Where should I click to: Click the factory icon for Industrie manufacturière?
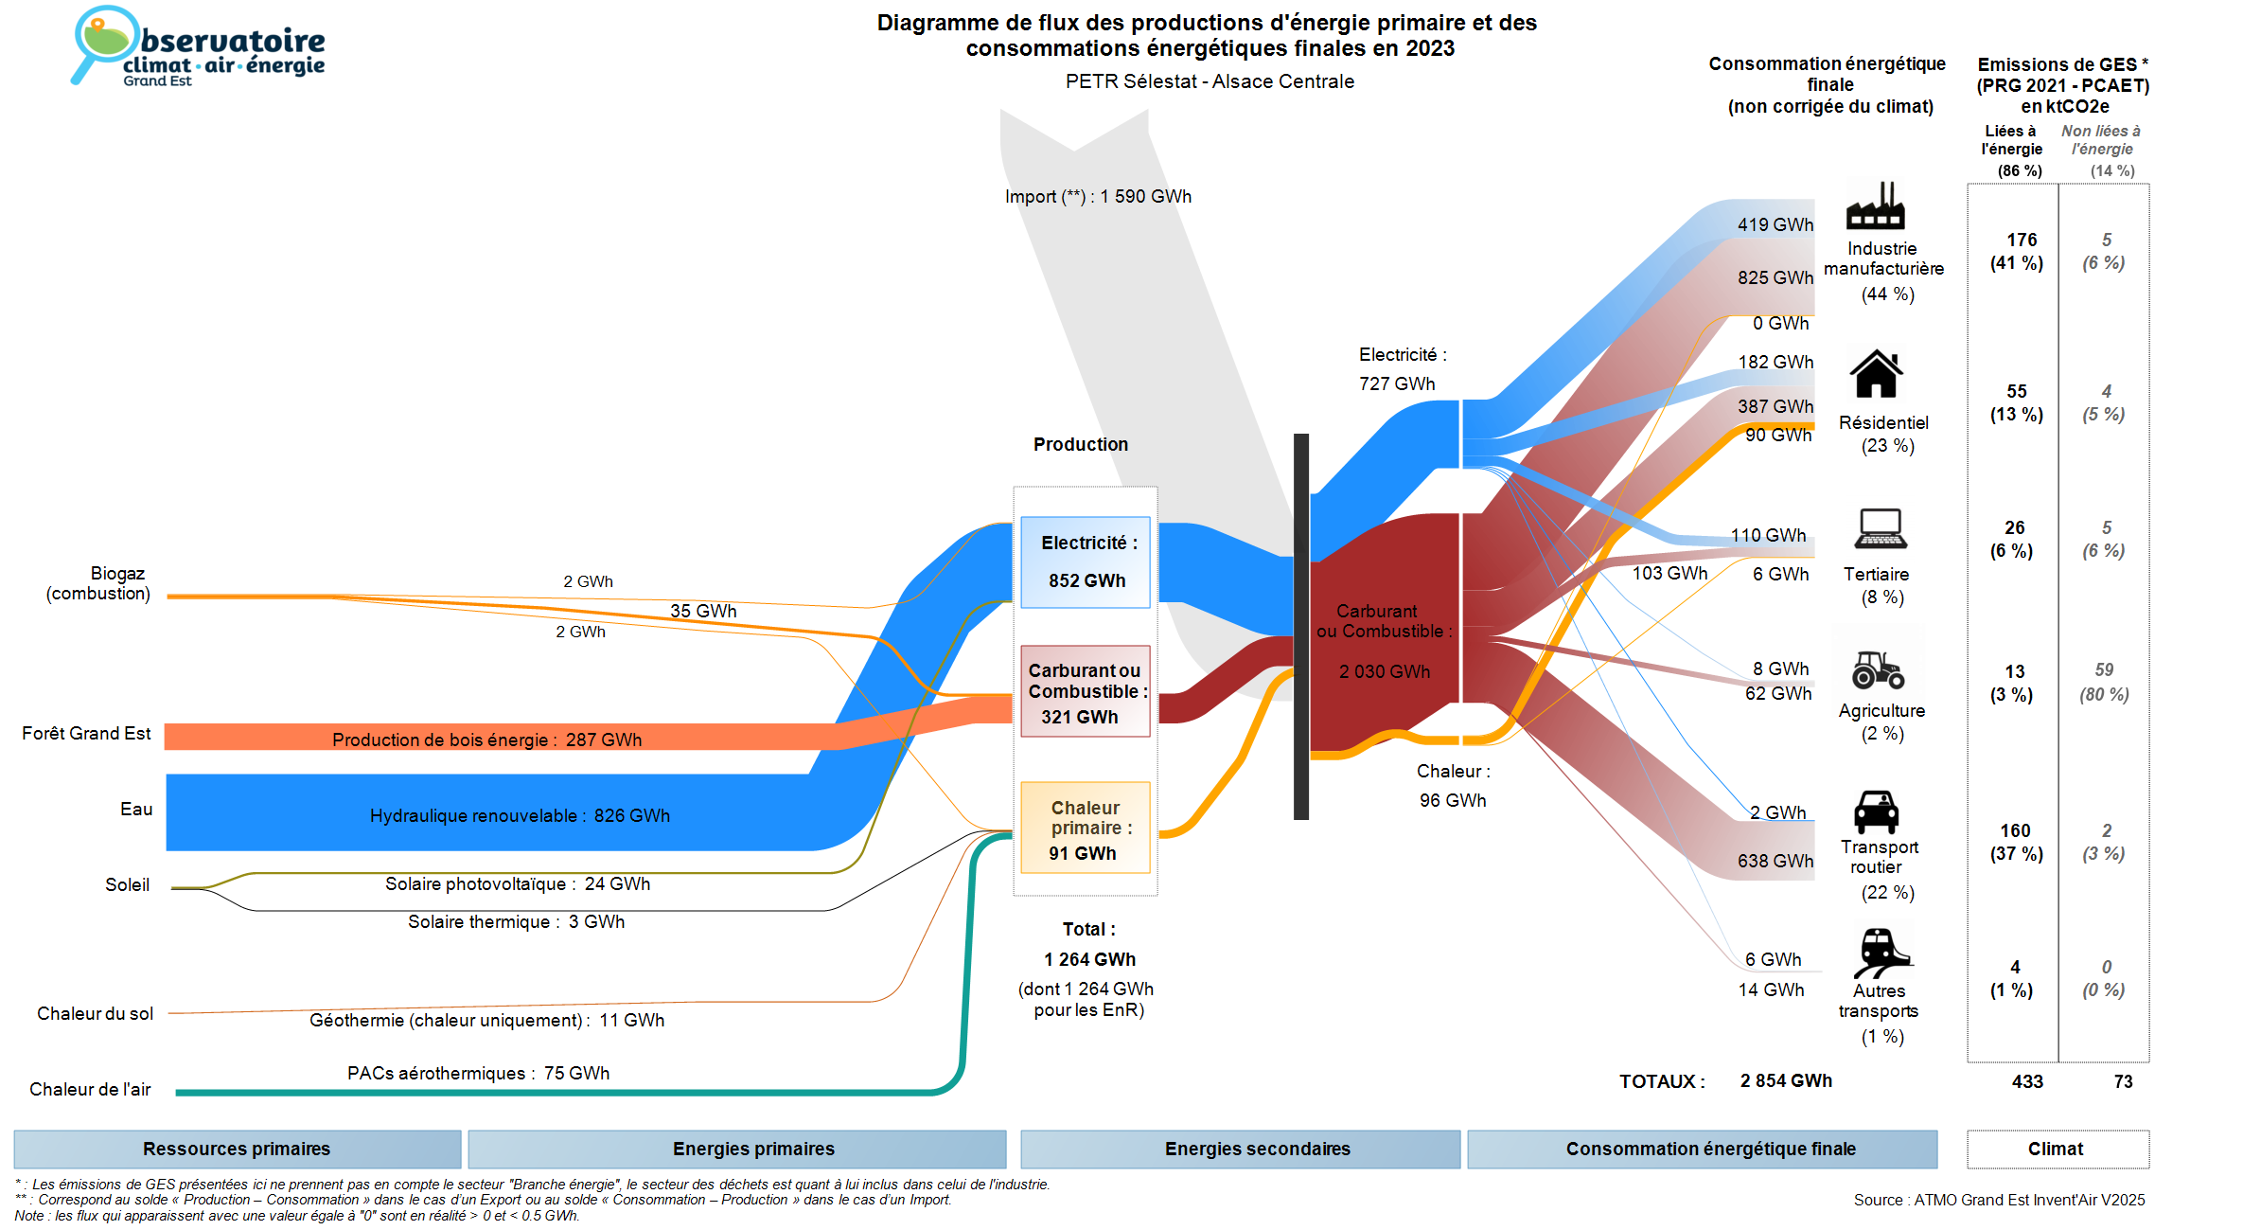(x=1875, y=205)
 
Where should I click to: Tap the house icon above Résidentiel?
(x=1876, y=374)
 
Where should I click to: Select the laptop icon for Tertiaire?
(x=1880, y=528)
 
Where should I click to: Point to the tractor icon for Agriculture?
(x=1878, y=669)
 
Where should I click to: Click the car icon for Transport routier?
(x=1876, y=811)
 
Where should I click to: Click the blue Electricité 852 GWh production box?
(x=1085, y=562)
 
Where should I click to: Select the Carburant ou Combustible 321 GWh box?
(x=1085, y=691)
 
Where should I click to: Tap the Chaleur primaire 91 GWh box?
(x=1085, y=828)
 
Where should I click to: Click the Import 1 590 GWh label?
(x=1098, y=197)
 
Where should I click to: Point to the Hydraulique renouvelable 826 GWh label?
(x=520, y=815)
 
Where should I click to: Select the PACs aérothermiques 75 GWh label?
(x=478, y=1073)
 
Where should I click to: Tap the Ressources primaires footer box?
(x=237, y=1149)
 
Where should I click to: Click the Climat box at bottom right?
(x=2056, y=1149)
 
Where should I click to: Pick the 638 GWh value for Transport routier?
(x=1775, y=861)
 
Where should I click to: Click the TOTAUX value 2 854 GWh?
(x=1785, y=1080)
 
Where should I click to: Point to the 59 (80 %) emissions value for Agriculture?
(x=2104, y=682)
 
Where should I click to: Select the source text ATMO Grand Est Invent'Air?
(x=1999, y=1200)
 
